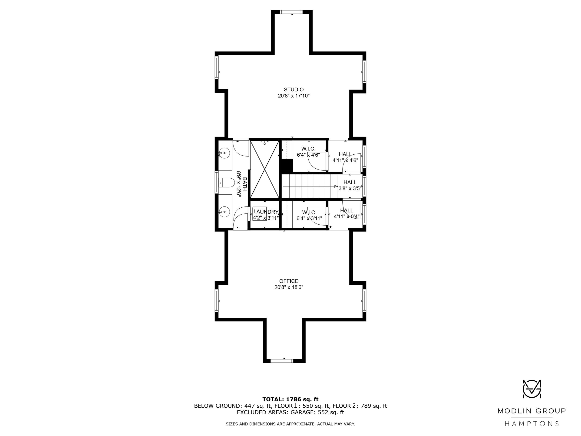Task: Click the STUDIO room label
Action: click(x=294, y=90)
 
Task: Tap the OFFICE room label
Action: click(x=289, y=281)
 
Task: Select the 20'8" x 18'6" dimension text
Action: click(x=289, y=287)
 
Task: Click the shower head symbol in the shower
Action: click(x=264, y=142)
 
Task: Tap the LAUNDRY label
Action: click(x=266, y=212)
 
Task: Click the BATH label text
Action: click(x=244, y=184)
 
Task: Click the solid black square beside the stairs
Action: click(x=287, y=166)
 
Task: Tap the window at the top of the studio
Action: click(x=291, y=12)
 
